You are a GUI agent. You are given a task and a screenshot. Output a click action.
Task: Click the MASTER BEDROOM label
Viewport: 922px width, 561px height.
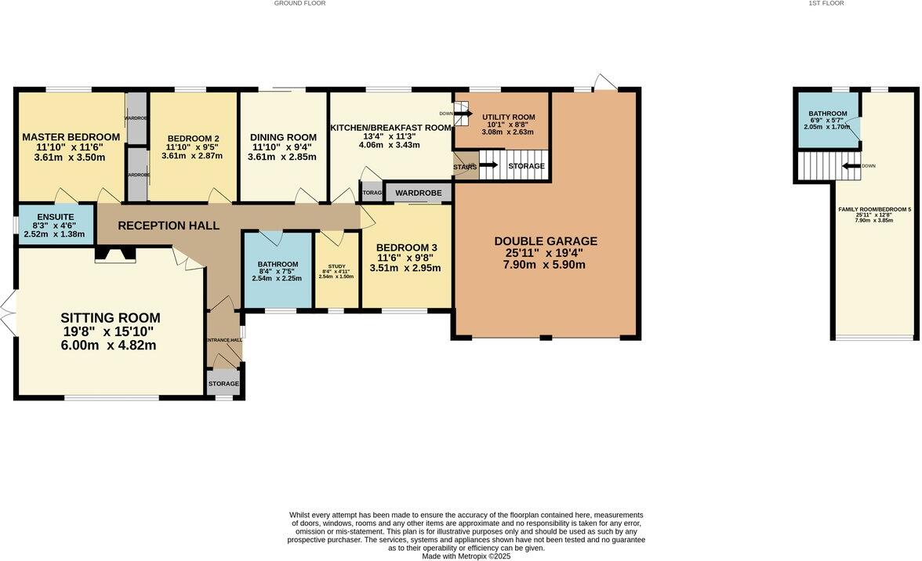point(71,137)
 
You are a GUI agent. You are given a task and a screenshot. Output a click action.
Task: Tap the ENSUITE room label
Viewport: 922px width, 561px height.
point(54,217)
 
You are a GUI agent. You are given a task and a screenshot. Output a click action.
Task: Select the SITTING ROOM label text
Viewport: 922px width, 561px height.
point(111,318)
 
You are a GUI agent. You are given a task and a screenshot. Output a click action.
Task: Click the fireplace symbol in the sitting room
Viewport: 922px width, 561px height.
point(114,255)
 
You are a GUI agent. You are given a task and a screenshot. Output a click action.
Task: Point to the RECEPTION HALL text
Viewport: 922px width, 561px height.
point(169,226)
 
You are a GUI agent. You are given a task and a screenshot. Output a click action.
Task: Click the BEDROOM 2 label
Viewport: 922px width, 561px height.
point(192,139)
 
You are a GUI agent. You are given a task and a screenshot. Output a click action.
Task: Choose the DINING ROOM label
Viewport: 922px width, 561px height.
point(284,137)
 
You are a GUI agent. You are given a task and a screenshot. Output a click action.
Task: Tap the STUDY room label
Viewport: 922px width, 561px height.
point(336,266)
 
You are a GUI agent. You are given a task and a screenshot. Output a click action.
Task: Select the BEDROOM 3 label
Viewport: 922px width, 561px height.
point(405,248)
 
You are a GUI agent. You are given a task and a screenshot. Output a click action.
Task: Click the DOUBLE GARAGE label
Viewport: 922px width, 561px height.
point(545,241)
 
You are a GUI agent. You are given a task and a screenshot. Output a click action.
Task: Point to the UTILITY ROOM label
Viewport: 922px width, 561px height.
point(508,117)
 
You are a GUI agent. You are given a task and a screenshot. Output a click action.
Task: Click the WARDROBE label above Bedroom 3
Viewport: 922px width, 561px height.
point(418,193)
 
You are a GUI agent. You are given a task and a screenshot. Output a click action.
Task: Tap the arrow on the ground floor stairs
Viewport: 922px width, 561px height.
point(488,165)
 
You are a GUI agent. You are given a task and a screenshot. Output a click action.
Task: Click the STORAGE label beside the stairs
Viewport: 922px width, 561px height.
point(527,166)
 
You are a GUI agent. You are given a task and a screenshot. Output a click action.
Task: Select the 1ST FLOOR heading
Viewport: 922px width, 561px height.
point(826,3)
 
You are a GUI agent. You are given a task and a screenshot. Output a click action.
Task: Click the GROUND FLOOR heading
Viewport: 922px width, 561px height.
point(299,3)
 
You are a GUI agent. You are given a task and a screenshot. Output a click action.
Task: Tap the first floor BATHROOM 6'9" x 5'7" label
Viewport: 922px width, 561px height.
point(827,114)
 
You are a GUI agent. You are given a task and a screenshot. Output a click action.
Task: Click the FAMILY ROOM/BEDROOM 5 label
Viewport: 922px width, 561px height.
point(874,209)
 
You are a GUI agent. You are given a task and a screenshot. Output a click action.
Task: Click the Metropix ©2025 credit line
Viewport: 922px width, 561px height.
point(466,556)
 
